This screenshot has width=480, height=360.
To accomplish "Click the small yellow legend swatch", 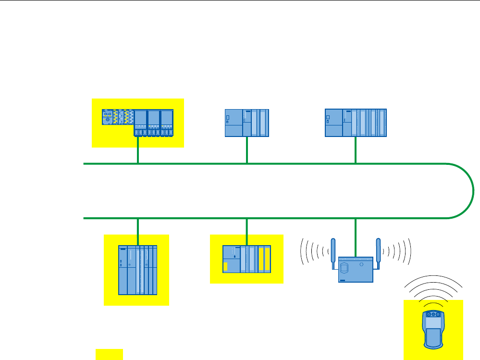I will pos(109,354).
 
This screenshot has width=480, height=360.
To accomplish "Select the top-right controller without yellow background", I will pos(356,123).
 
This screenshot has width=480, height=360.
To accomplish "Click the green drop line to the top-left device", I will pos(138,151).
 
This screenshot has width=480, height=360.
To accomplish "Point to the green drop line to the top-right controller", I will pos(356,150).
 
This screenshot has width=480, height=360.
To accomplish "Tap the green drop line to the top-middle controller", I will pos(247,150).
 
